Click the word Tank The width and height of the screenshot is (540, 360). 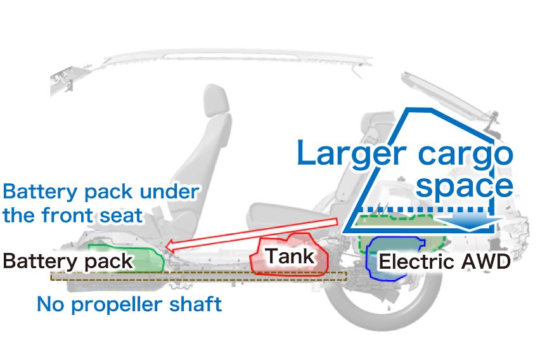(x=290, y=256)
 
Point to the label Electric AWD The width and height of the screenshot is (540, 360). (x=444, y=262)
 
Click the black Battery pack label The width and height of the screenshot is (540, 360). (x=68, y=260)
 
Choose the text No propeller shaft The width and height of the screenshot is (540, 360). (x=129, y=304)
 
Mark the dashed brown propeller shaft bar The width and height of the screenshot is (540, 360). (x=196, y=276)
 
